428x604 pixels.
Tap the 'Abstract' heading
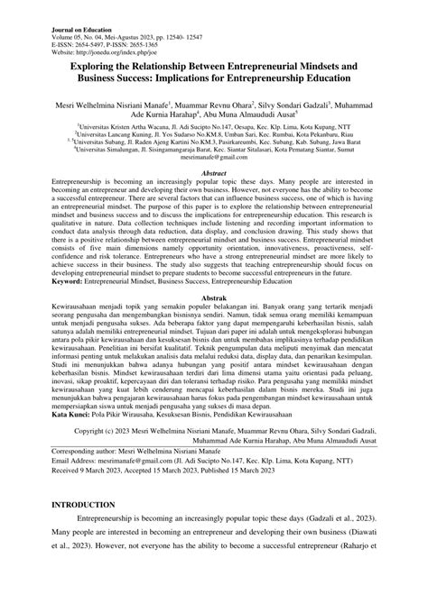coord(213,172)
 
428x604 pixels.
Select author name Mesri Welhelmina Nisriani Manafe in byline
coord(127,106)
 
